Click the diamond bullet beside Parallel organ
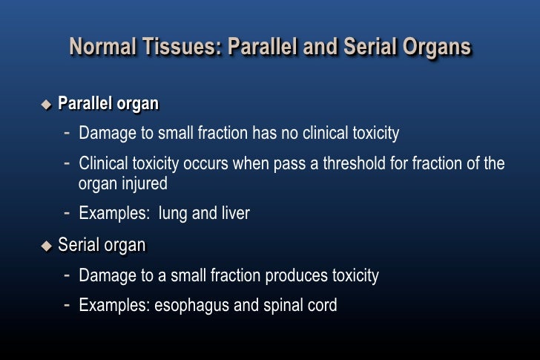click(47, 103)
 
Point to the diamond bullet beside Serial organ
click(47, 245)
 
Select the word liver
click(235, 214)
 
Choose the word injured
click(142, 184)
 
